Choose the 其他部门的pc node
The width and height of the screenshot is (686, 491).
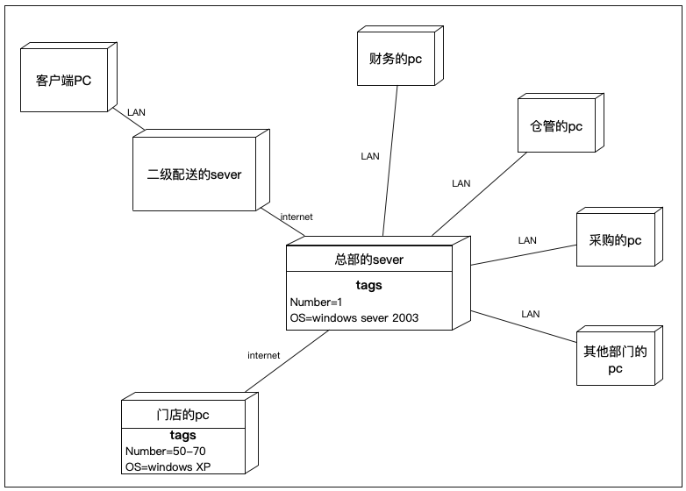[615, 359]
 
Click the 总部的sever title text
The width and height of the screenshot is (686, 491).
[369, 260]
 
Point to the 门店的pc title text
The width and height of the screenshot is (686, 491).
[182, 415]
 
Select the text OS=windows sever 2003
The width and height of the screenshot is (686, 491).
[354, 317]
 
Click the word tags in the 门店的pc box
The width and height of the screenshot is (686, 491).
[182, 435]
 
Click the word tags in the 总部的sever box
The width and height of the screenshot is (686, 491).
[369, 285]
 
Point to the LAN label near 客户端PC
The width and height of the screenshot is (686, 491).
[137, 112]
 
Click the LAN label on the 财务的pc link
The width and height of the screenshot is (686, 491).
[370, 156]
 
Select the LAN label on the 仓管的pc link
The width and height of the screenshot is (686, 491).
[461, 184]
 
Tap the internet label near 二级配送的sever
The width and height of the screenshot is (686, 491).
[297, 217]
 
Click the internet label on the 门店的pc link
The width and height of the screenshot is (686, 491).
[263, 355]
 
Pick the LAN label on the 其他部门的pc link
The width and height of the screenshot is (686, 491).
[530, 313]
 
